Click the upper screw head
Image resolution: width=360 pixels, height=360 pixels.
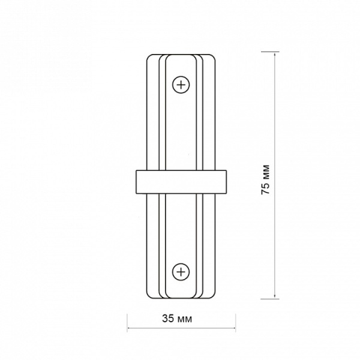coord(181,85)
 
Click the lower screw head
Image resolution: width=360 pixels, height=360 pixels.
coord(181,272)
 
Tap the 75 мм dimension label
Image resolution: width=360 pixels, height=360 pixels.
coord(266,180)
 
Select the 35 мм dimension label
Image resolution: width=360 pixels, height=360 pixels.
coord(177,319)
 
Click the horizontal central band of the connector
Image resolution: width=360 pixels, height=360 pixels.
coord(181,182)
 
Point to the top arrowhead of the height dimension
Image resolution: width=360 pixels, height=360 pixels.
coord(275,55)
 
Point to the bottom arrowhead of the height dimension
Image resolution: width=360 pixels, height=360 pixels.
coord(275,296)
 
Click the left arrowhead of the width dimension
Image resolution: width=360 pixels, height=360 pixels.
coord(130,328)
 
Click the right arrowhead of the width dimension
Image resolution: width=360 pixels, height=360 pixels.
coord(233,328)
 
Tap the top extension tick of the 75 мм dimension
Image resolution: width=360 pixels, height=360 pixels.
coord(270,52)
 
